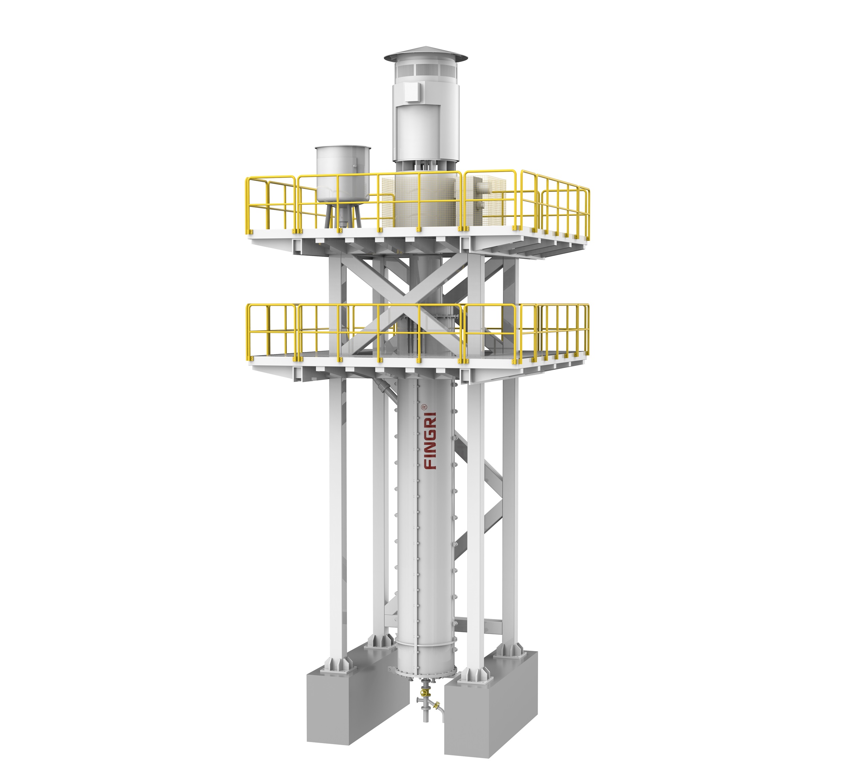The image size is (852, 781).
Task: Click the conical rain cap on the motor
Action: click(426, 54)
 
